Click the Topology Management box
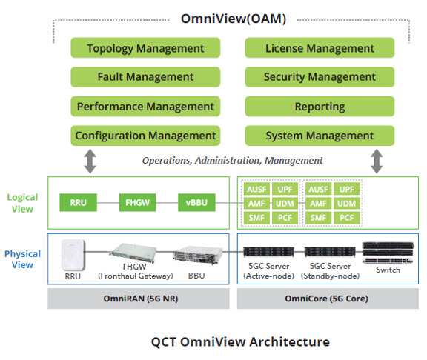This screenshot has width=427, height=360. pyautogui.click(x=145, y=47)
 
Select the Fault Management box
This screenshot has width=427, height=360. pyautogui.click(x=145, y=77)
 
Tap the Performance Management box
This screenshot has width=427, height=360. pyautogui.click(x=145, y=107)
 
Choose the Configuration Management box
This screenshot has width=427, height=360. pyautogui.click(x=145, y=136)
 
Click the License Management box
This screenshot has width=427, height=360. pyautogui.click(x=320, y=47)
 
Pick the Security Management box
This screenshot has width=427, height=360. pyautogui.click(x=320, y=77)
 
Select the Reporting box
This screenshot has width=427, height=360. pyautogui.click(x=320, y=107)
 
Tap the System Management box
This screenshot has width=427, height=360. pyautogui.click(x=320, y=136)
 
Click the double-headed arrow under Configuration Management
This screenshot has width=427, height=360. pyautogui.click(x=90, y=161)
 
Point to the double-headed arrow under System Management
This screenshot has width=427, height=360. pyautogui.click(x=377, y=161)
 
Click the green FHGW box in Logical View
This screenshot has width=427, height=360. pyautogui.click(x=138, y=202)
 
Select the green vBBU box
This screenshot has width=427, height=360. pyautogui.click(x=196, y=202)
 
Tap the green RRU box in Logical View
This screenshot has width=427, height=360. pyautogui.click(x=78, y=202)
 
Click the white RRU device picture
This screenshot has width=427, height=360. pyautogui.click(x=73, y=255)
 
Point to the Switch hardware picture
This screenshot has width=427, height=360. pyautogui.click(x=388, y=253)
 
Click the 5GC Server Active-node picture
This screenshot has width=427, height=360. pyautogui.click(x=269, y=252)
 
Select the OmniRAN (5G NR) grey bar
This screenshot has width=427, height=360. pyautogui.click(x=139, y=299)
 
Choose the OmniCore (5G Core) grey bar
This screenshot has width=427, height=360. pyautogui.click(x=328, y=299)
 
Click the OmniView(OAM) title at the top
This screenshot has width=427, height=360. pyautogui.click(x=234, y=19)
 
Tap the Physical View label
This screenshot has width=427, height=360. pyautogui.click(x=22, y=259)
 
